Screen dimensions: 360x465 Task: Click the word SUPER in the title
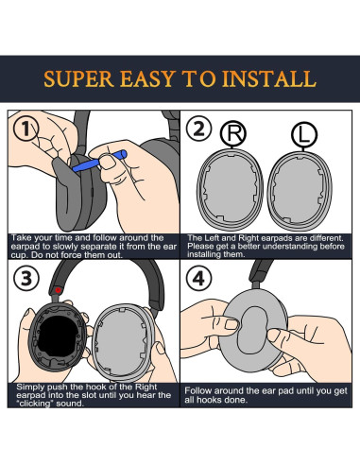coord(78,78)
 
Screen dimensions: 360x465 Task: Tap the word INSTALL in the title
coord(269,78)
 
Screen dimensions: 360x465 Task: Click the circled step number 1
coord(26,129)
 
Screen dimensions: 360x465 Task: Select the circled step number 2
coord(198,129)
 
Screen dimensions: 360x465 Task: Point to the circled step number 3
coord(26,278)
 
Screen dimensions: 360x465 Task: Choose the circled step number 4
coord(198,278)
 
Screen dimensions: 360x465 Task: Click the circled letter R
coord(233,133)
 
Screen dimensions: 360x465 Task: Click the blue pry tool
coord(99,161)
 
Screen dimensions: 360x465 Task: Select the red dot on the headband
coord(58,290)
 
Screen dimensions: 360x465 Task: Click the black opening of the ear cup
coord(59,336)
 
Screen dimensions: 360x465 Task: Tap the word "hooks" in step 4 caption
coord(214,400)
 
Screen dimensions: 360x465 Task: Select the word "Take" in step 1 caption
coord(21,238)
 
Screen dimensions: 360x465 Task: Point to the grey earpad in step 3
coord(124,343)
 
